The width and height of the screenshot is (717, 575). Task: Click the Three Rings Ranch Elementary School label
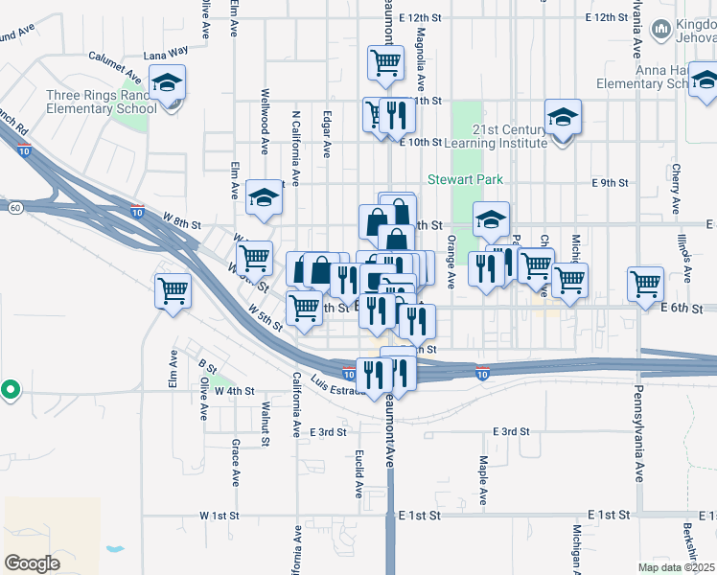click(x=101, y=102)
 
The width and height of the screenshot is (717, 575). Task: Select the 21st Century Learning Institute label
click(x=509, y=136)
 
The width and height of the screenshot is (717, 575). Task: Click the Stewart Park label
click(x=465, y=179)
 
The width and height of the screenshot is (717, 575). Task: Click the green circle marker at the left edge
click(x=10, y=390)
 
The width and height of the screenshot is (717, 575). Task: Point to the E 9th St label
click(x=610, y=182)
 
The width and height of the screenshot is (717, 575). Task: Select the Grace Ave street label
click(x=235, y=463)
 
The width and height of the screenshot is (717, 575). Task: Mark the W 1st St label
click(x=219, y=516)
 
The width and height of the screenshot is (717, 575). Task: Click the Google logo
click(x=33, y=563)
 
